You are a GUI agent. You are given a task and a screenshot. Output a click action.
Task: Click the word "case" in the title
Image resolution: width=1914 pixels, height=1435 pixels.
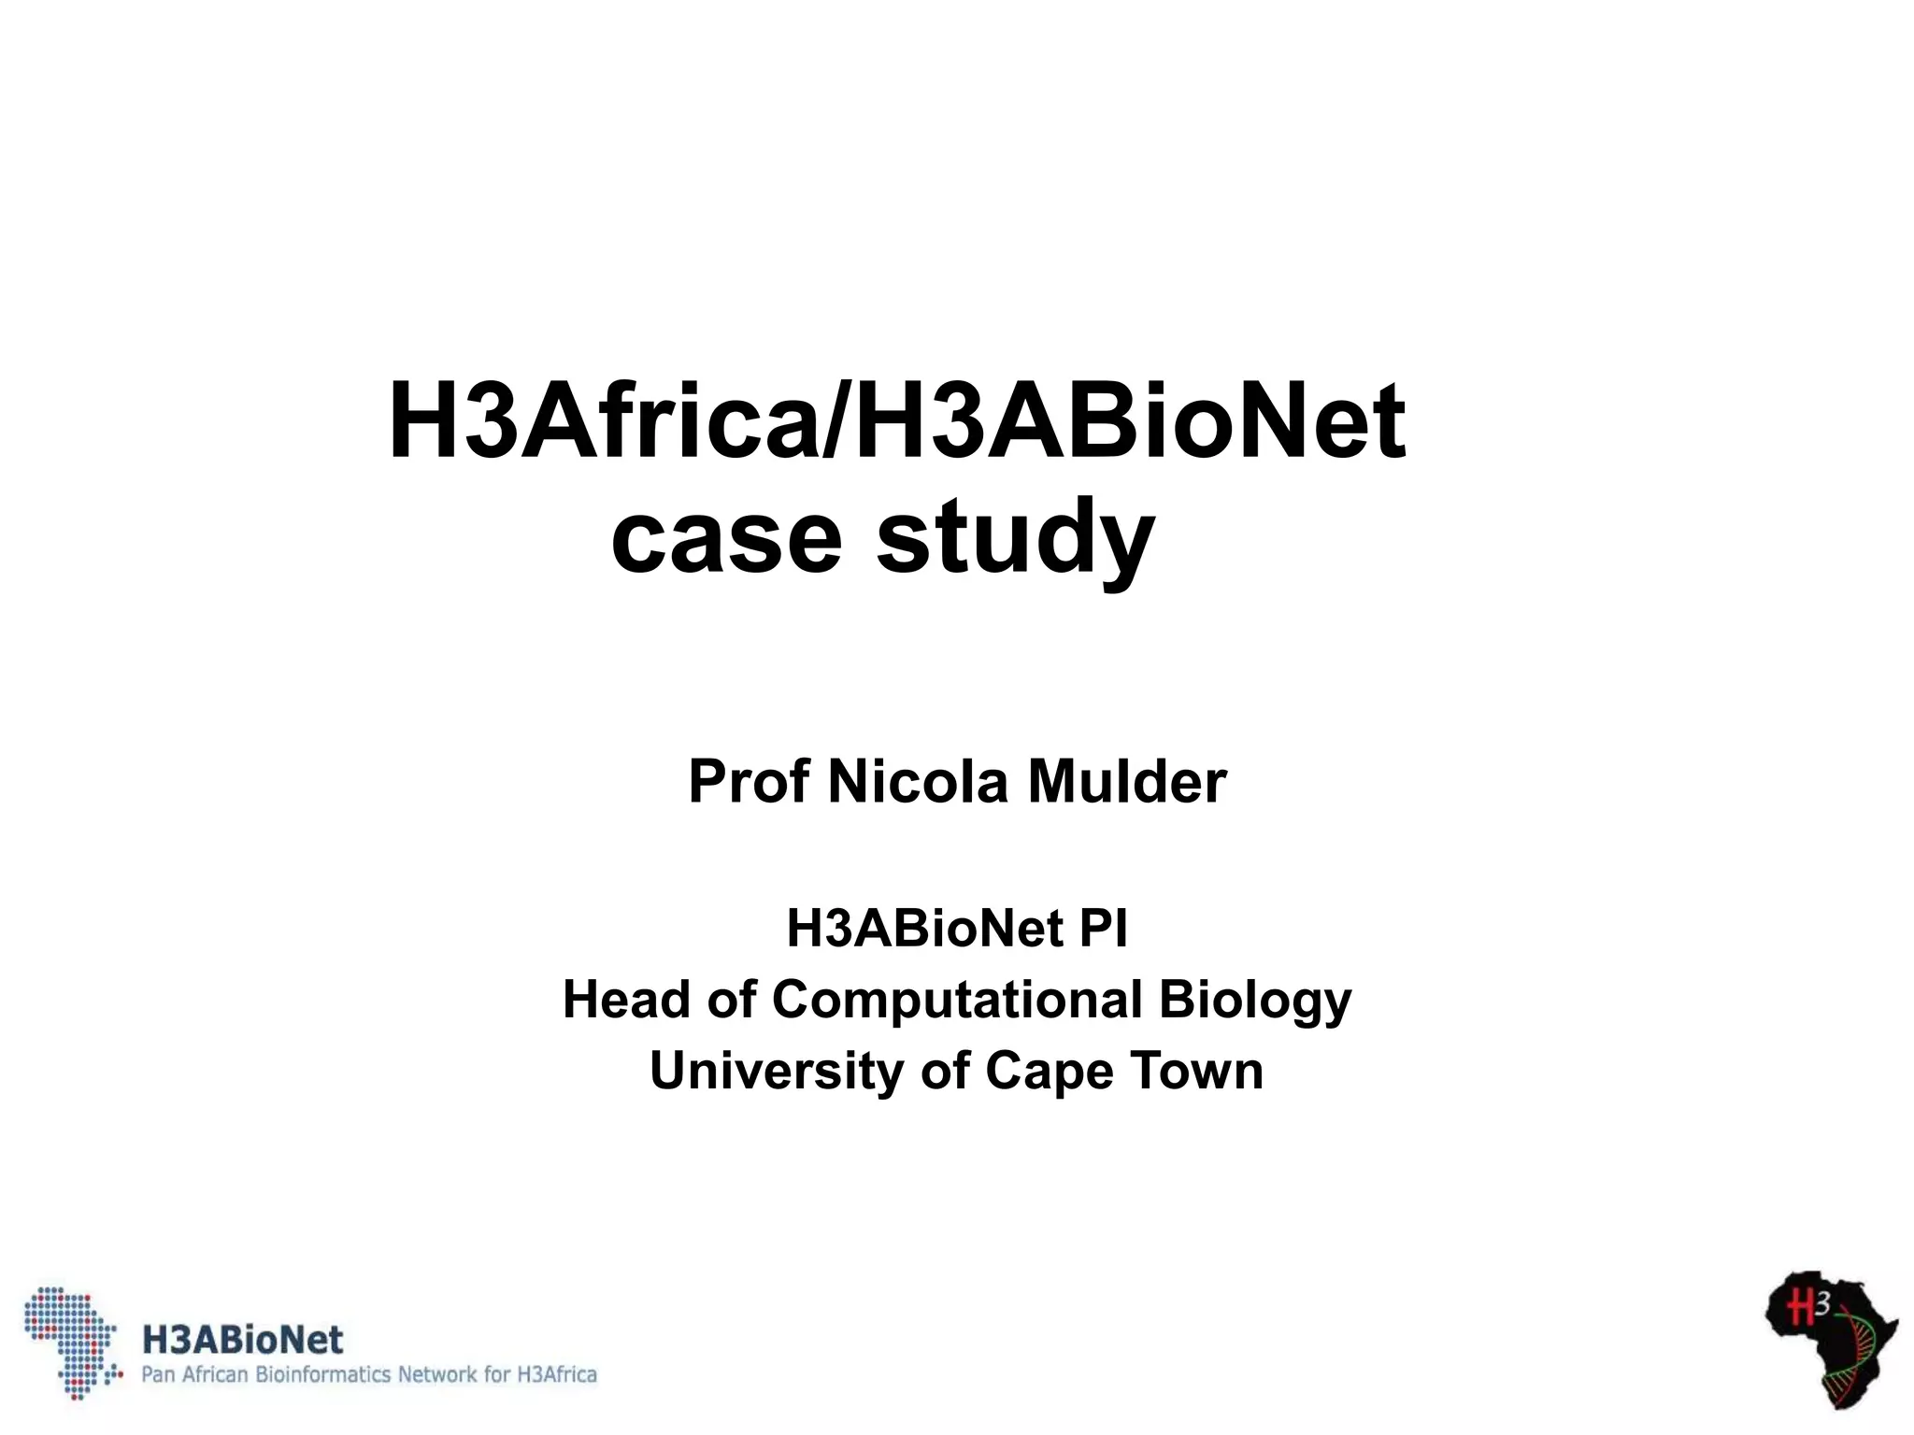pyautogui.click(x=726, y=539)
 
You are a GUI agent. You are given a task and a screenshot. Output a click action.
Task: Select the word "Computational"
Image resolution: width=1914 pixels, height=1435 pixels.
pyautogui.click(x=956, y=1000)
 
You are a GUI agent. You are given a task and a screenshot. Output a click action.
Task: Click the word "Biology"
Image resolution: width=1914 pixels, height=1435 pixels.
pyautogui.click(x=1255, y=1002)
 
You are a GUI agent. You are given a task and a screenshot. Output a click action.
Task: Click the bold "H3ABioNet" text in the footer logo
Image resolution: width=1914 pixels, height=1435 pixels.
pyautogui.click(x=242, y=1340)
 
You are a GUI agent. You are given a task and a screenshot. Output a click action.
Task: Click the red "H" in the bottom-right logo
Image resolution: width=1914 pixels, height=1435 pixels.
pyautogui.click(x=1799, y=1307)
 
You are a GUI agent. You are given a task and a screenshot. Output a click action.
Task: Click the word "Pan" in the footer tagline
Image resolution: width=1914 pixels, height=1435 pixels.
pyautogui.click(x=158, y=1374)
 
